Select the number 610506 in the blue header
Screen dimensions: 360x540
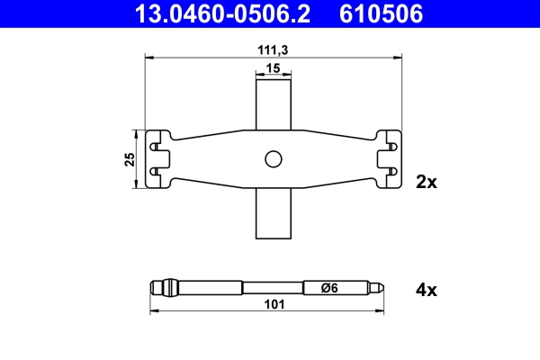pyautogui.click(x=380, y=13)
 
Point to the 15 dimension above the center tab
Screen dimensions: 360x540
pyautogui.click(x=274, y=69)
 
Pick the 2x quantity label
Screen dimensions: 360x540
pyautogui.click(x=426, y=182)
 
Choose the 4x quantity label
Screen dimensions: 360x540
pyautogui.click(x=426, y=290)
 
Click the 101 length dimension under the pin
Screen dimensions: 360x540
pyautogui.click(x=274, y=305)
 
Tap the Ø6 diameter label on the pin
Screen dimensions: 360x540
pyautogui.click(x=330, y=288)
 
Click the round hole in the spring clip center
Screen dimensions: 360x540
pyautogui.click(x=274, y=159)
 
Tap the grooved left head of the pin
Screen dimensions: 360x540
pyautogui.click(x=158, y=288)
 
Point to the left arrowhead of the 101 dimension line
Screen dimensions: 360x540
pyautogui.click(x=152, y=311)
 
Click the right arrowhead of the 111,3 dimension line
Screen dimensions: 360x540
pyautogui.click(x=397, y=59)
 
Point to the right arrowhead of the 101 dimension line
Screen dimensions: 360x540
pyautogui.click(x=384, y=311)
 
